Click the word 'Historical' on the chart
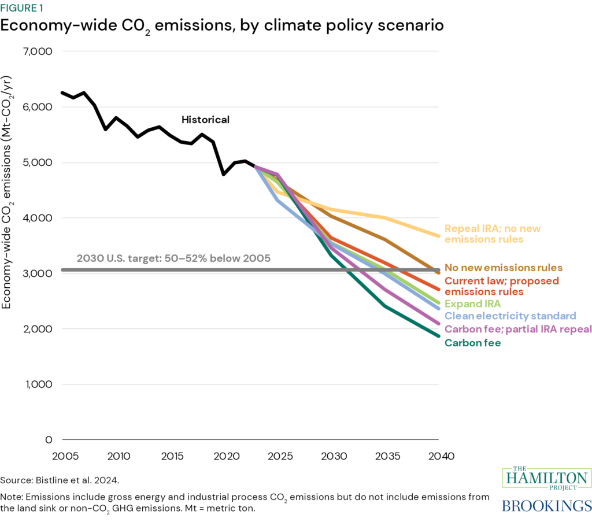click(205, 120)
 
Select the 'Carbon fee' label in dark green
click(472, 343)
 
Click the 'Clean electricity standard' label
click(510, 316)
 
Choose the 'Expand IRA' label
click(472, 303)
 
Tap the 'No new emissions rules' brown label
click(503, 268)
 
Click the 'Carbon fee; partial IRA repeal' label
click(517, 329)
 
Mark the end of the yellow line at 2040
click(439, 235)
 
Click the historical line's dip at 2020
click(224, 174)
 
